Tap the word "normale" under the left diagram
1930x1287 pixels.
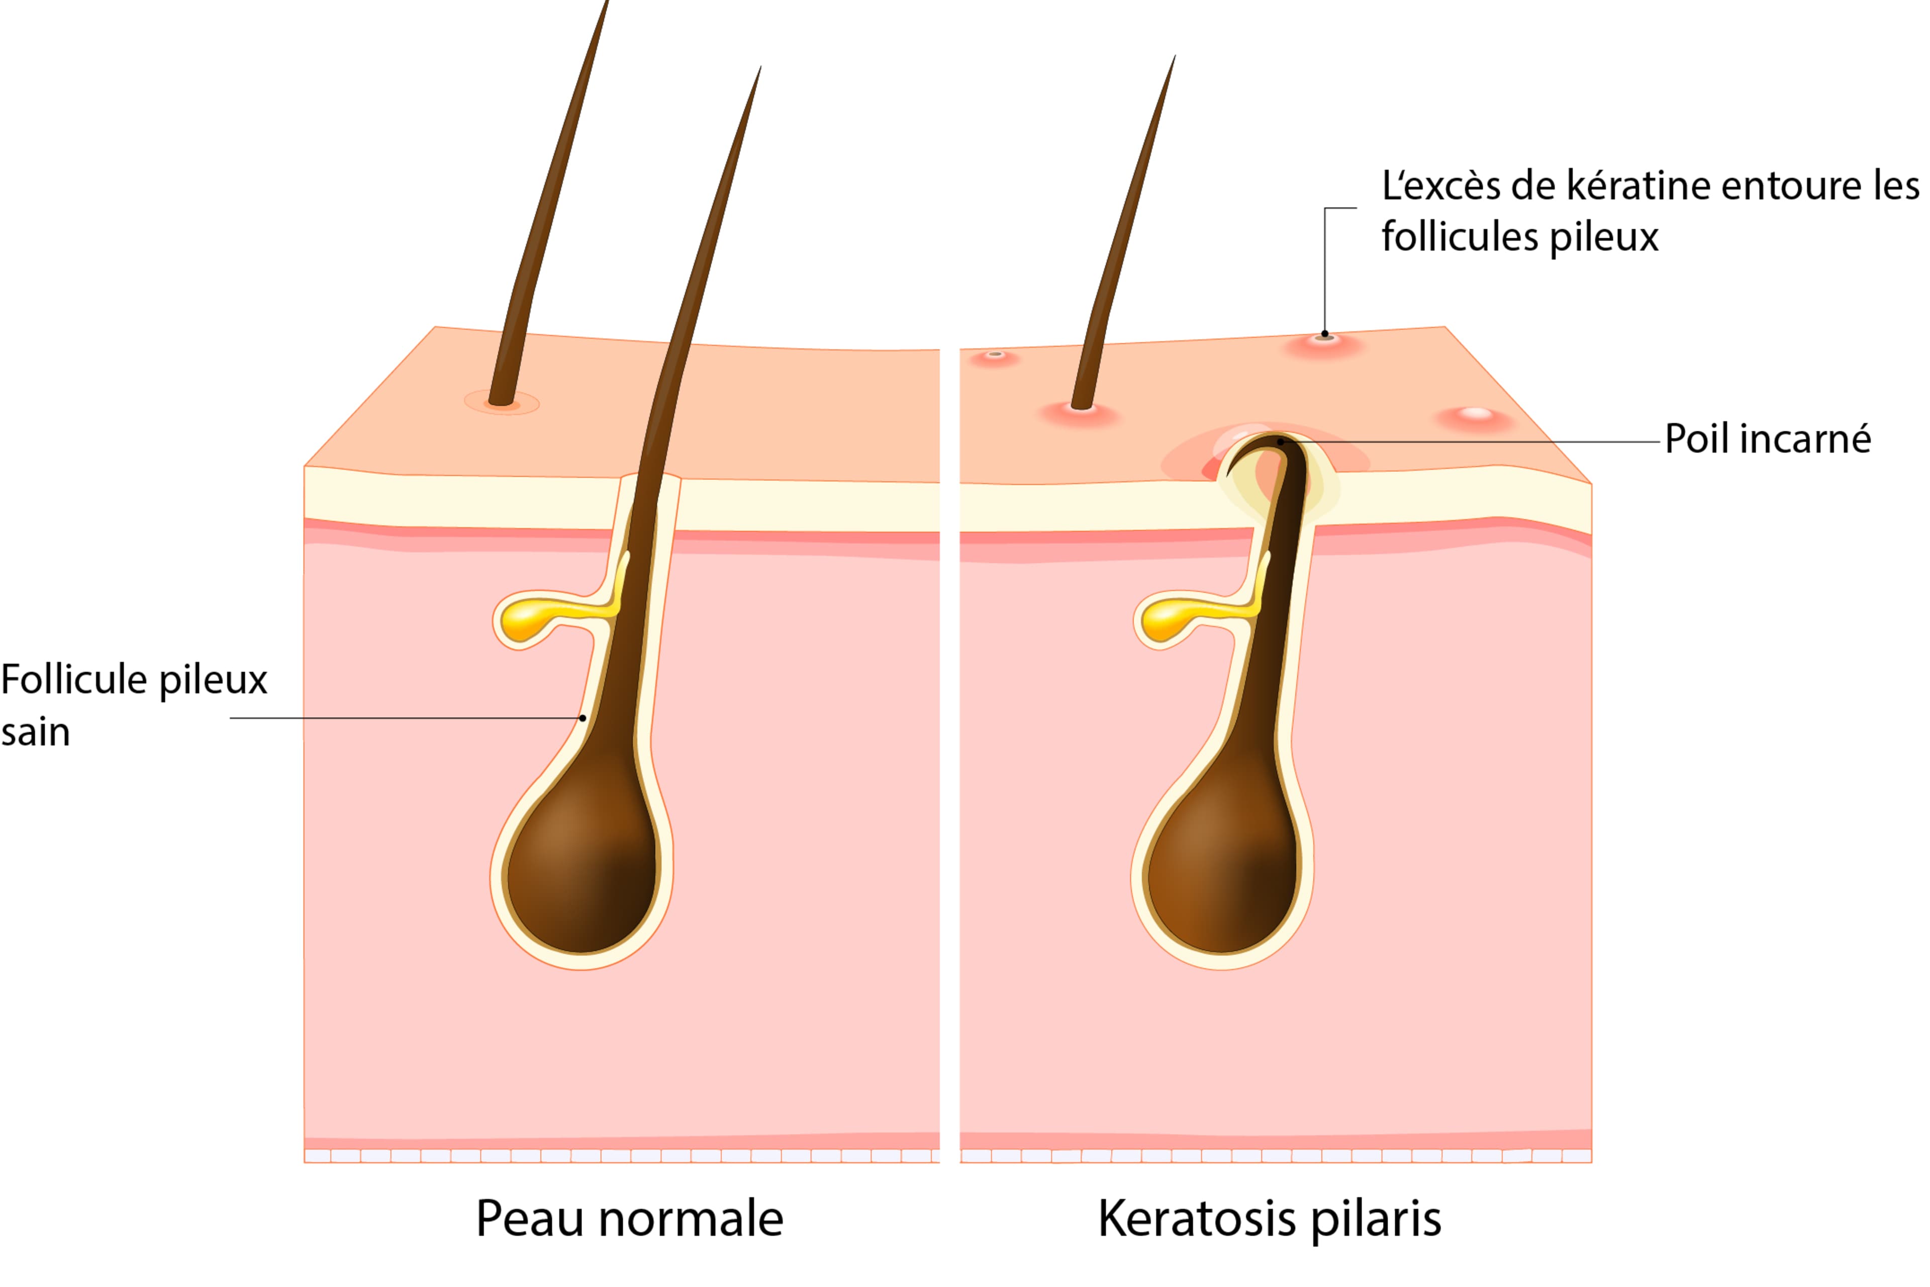point(691,1219)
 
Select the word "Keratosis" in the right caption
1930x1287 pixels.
point(1196,1219)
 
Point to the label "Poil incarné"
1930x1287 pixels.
point(1768,439)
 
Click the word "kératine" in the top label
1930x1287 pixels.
point(1638,186)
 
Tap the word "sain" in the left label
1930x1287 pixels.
point(35,732)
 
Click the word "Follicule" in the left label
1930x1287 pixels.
point(74,680)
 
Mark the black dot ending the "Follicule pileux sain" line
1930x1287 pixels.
point(583,718)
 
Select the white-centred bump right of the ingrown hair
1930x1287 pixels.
point(1476,417)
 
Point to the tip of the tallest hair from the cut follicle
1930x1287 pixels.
point(760,66)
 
